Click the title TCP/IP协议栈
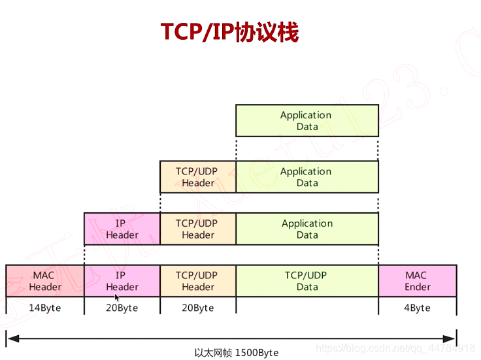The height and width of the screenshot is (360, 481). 229,32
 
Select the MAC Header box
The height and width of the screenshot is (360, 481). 45,281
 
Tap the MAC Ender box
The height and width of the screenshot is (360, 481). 417,281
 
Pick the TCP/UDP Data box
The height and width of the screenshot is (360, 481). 307,281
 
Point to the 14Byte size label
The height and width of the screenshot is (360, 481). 45,308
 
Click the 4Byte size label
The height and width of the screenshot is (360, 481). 417,308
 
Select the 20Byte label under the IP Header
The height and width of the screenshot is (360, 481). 122,308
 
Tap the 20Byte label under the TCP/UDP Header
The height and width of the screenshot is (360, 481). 198,308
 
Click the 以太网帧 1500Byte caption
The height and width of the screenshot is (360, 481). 237,353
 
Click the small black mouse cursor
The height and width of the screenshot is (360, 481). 117,298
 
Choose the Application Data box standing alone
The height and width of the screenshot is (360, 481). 307,120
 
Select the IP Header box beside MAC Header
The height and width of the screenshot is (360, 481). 122,281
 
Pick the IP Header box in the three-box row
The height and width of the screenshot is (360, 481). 122,229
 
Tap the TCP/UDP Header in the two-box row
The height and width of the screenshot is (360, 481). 198,177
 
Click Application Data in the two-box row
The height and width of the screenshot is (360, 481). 307,177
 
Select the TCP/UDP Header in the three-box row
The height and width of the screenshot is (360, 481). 198,229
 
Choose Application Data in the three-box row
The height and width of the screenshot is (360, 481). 307,229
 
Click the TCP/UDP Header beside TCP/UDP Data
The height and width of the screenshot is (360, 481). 198,281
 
